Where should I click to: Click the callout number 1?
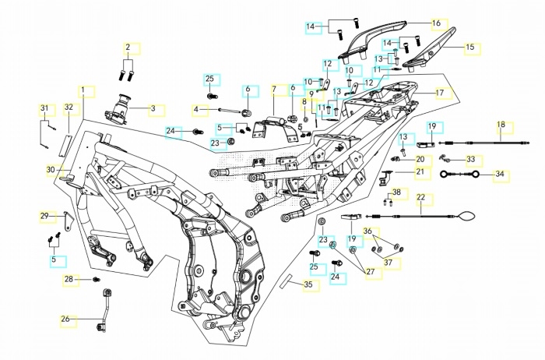point(83,91)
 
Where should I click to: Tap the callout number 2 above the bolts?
point(128,48)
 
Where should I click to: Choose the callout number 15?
point(469,48)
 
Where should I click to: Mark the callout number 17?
point(439,93)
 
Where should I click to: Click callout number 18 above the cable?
point(501,125)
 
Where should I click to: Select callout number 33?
point(470,160)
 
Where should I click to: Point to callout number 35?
point(308,285)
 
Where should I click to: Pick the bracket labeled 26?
point(104,308)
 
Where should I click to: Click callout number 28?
point(69,279)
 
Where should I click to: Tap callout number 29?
point(44,216)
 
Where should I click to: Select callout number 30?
point(50,169)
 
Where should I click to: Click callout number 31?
point(44,108)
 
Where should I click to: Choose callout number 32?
point(69,108)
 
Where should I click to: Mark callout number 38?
point(396,192)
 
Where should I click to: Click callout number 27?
point(370,272)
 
